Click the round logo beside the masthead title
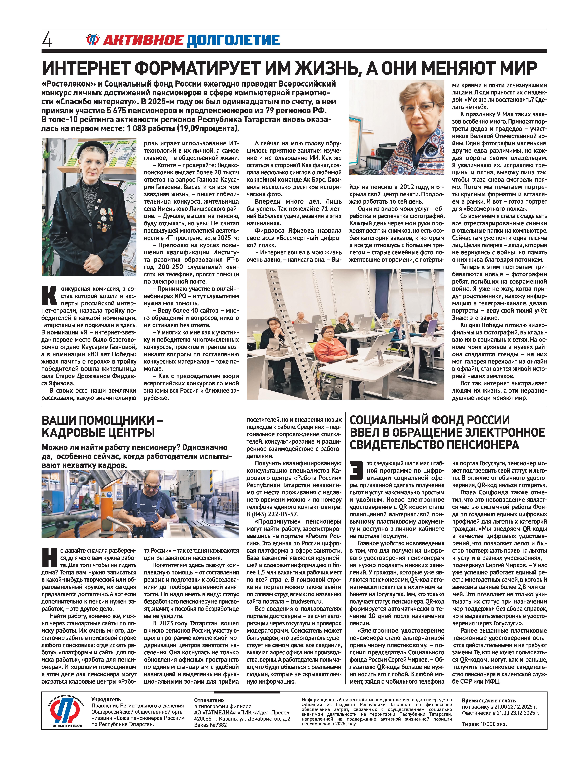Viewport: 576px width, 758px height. point(93,40)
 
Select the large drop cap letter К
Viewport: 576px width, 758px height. point(49,296)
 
